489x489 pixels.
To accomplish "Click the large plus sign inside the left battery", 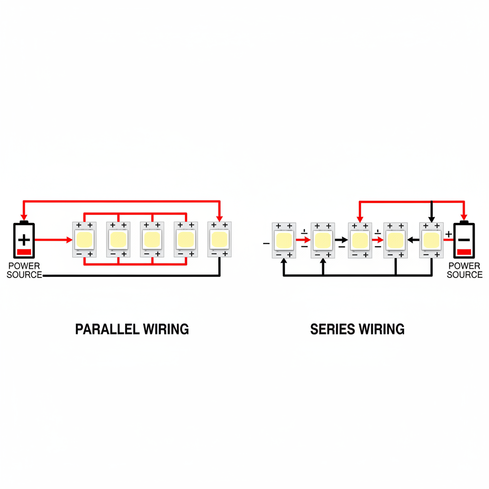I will tap(24, 239).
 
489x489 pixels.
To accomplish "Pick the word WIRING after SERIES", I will tap(383, 329).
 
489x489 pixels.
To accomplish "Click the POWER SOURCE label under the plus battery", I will tap(24, 270).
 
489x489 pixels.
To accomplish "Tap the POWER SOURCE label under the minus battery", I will tap(465, 270).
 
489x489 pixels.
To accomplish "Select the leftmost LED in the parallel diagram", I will tap(85, 239).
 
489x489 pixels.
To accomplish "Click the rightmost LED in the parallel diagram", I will tap(220, 239).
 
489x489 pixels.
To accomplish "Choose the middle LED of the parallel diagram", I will tap(152, 239).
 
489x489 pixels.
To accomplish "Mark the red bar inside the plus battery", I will tap(24, 252).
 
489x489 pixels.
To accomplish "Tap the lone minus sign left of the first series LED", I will tap(266, 244).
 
